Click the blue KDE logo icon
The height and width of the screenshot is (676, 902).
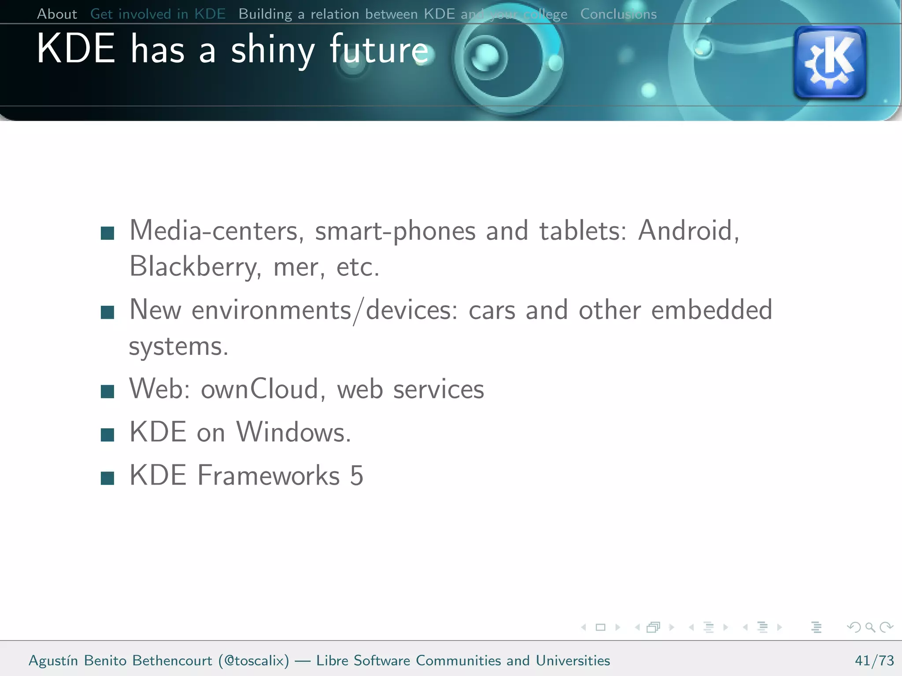(x=829, y=62)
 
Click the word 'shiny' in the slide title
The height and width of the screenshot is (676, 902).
(x=273, y=50)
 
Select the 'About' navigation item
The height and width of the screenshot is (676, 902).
(x=57, y=14)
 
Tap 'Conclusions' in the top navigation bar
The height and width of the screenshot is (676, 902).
(x=618, y=14)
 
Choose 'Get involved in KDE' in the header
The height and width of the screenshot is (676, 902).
(x=158, y=14)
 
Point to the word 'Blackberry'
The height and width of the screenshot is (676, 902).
(x=192, y=267)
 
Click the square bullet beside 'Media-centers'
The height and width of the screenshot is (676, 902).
(x=107, y=233)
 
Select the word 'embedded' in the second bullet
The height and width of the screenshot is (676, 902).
(x=712, y=310)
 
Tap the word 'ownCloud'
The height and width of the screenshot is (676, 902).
(x=259, y=389)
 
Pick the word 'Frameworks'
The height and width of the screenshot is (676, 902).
(x=269, y=475)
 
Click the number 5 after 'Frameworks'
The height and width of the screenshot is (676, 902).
(x=357, y=475)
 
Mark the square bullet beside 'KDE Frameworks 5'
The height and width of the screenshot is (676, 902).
(x=107, y=478)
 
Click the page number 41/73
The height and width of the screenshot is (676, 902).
(x=874, y=661)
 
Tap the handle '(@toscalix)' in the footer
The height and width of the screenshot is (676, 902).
(x=254, y=661)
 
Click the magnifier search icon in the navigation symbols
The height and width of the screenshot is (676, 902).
(x=870, y=627)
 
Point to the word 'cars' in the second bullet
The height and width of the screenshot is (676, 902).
(x=492, y=310)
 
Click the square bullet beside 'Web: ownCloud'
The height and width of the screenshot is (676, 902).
(x=107, y=391)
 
